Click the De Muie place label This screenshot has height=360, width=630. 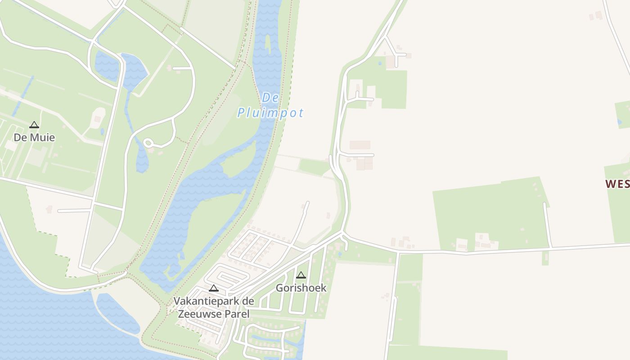click(34, 137)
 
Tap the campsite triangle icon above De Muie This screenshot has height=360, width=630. click(34, 125)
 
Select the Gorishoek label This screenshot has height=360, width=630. click(301, 288)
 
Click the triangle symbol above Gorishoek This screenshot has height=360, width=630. click(301, 275)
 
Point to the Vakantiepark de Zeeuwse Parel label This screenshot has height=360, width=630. click(214, 307)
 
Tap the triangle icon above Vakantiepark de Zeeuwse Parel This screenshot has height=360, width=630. click(214, 288)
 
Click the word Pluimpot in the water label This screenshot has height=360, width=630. click(270, 112)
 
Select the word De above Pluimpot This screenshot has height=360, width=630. click(270, 97)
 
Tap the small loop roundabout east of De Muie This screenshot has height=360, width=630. click(148, 143)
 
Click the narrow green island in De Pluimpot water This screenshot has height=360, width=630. click(268, 45)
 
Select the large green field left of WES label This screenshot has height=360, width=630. click(490, 211)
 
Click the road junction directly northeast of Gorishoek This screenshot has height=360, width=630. click(343, 234)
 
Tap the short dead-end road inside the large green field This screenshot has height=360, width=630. click(548, 225)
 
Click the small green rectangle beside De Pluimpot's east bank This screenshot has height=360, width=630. click(314, 167)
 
